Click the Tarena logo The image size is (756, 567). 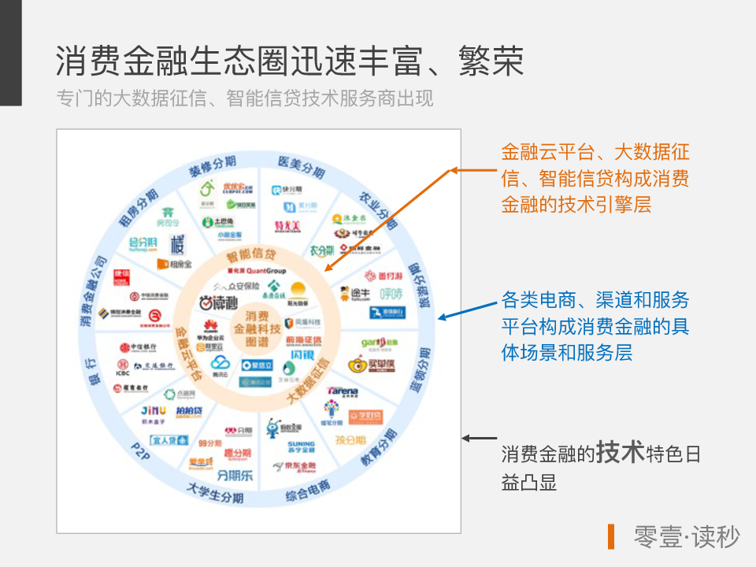pyautogui.click(x=343, y=391)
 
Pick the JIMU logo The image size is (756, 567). pyautogui.click(x=153, y=412)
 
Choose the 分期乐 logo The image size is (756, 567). pyautogui.click(x=235, y=475)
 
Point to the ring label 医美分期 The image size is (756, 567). pyautogui.click(x=302, y=167)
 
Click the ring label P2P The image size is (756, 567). pyautogui.click(x=141, y=453)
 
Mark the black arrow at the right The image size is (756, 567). pyautogui.click(x=479, y=438)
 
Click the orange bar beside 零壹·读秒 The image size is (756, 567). pyautogui.click(x=611, y=536)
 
